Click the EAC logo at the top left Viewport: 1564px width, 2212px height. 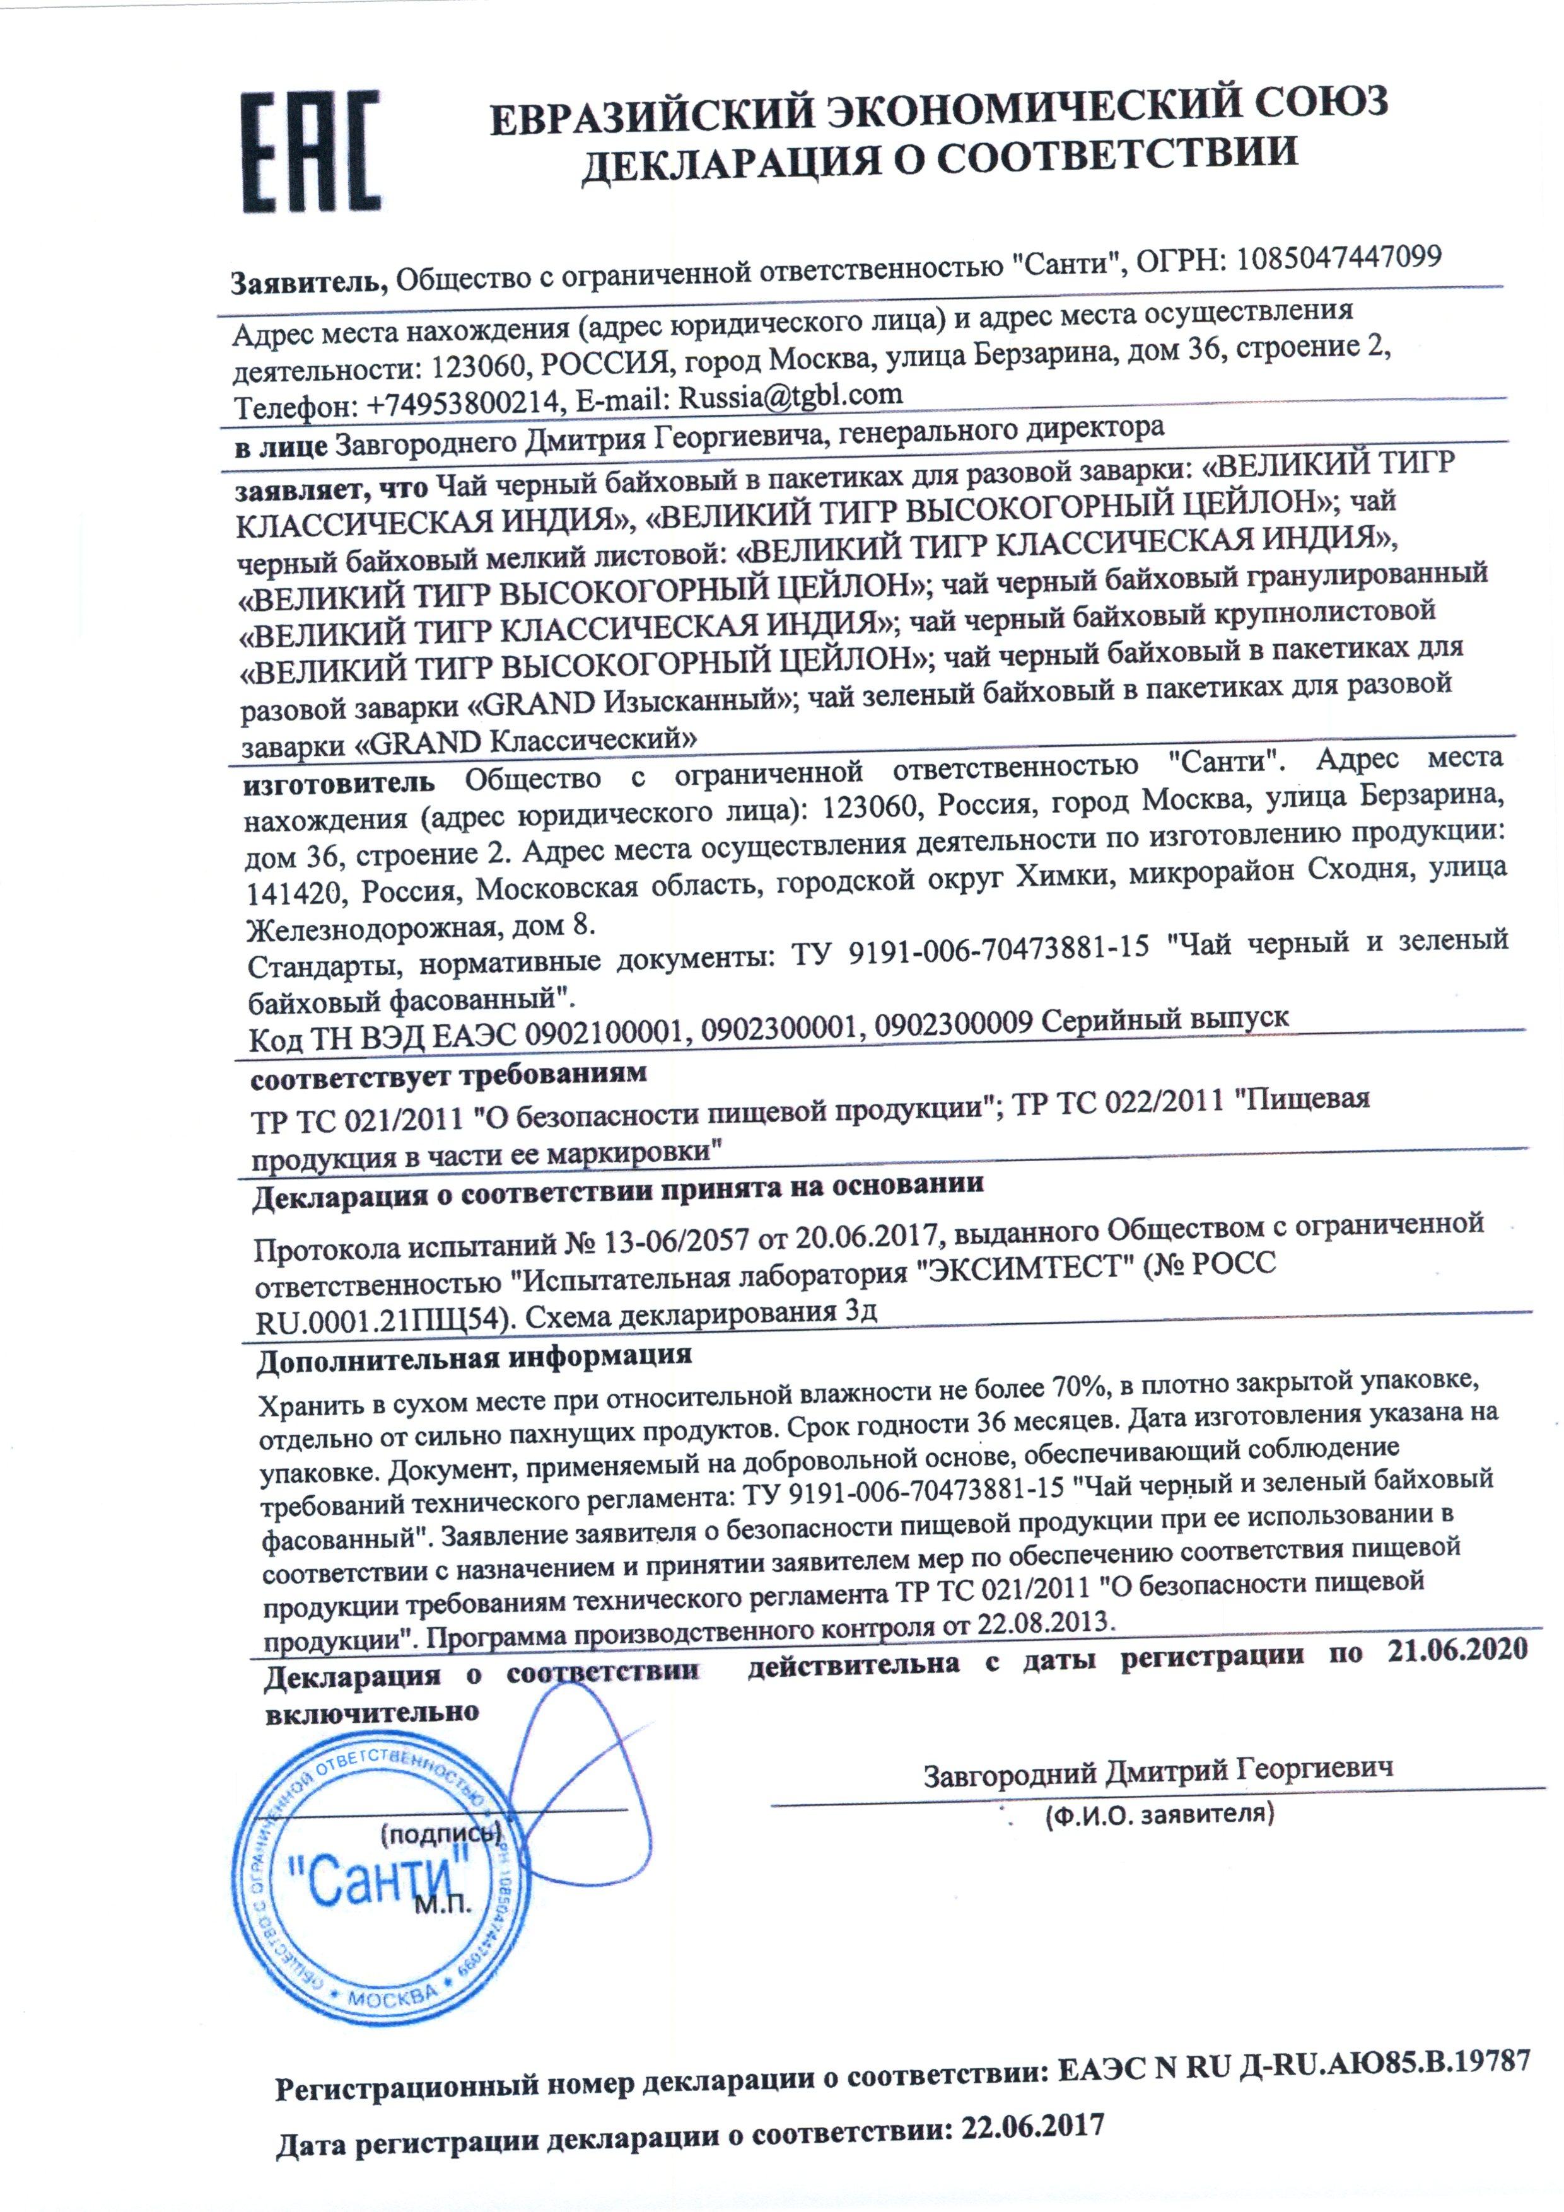(309, 151)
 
